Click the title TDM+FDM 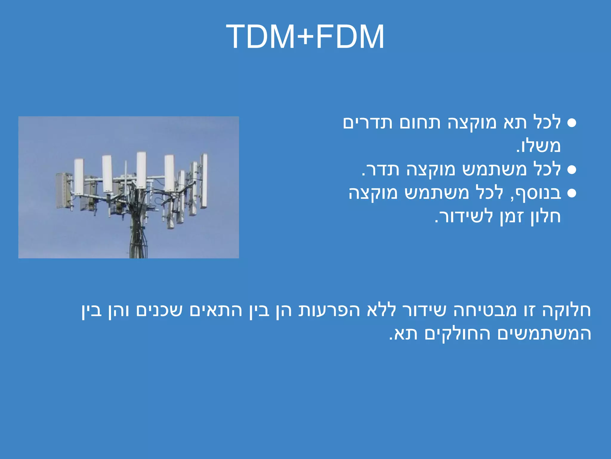[x=305, y=37]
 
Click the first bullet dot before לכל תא [x=571, y=123]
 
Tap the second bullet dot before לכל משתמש [x=571, y=170]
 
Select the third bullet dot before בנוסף [x=571, y=193]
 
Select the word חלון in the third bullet [x=546, y=217]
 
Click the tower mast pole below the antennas [x=138, y=239]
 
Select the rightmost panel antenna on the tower [x=204, y=180]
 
